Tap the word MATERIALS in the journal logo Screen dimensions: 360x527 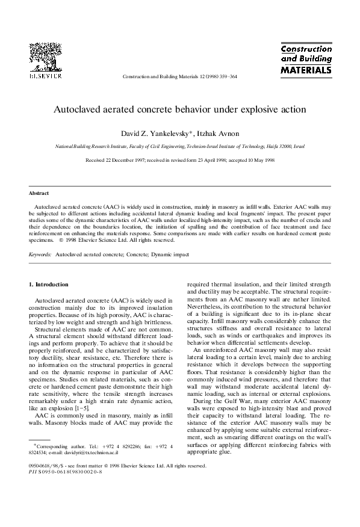pos(306,70)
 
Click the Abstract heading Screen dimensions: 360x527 pos(39,193)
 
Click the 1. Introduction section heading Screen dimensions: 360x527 pos(49,284)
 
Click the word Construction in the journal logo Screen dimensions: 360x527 pos(306,48)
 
